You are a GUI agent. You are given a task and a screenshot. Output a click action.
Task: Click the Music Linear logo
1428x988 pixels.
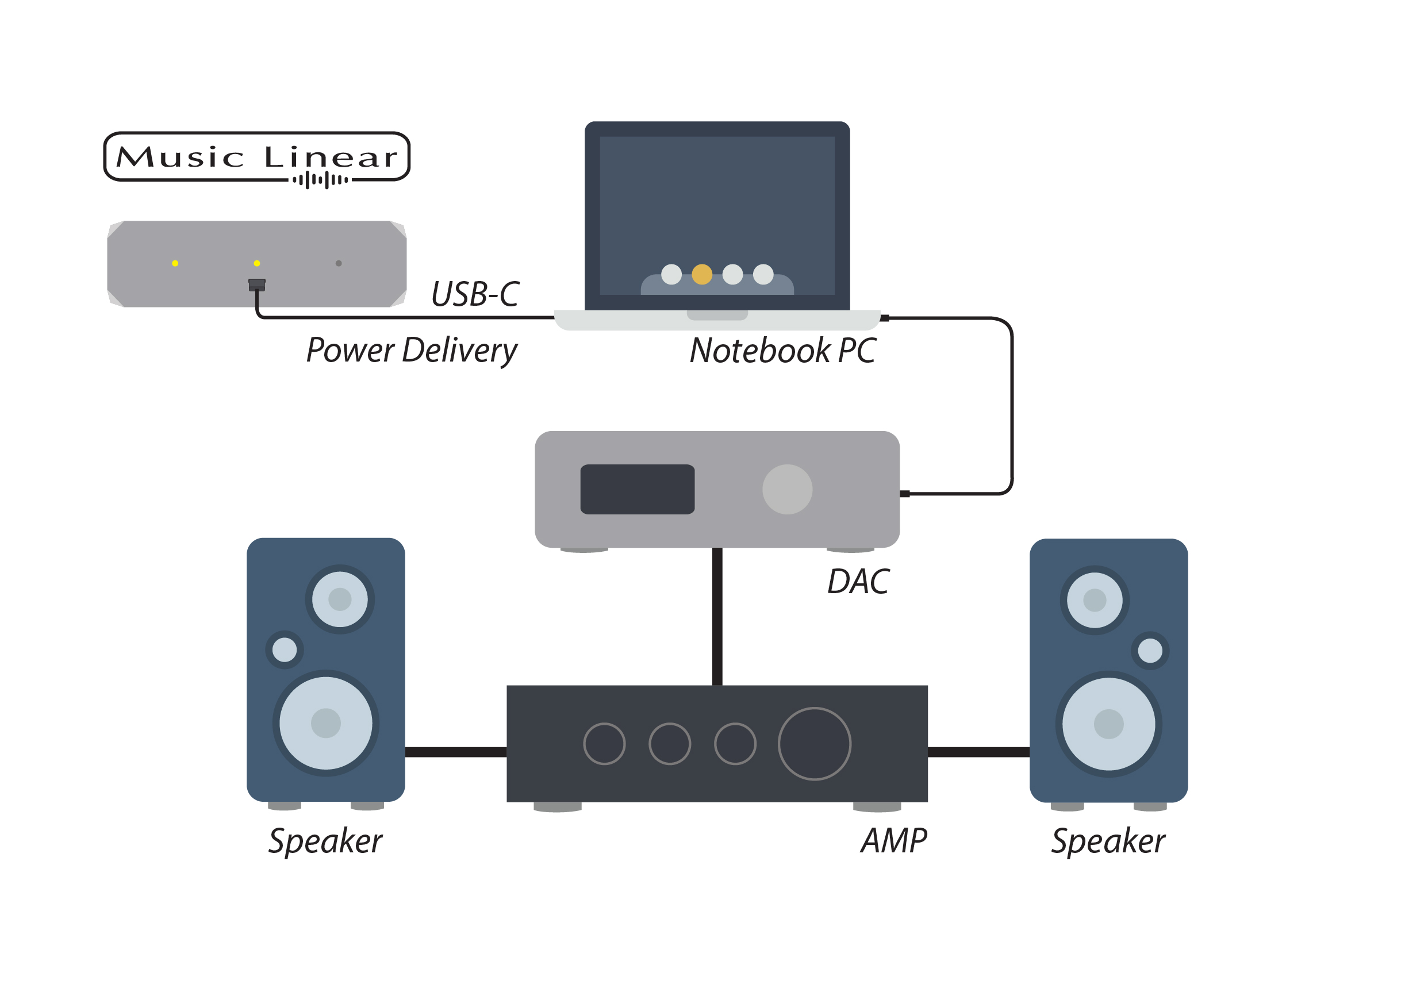(x=256, y=157)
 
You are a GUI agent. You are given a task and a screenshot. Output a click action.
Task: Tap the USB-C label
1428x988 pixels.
(x=474, y=294)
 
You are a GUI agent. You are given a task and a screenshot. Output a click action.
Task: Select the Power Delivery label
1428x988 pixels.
(x=411, y=351)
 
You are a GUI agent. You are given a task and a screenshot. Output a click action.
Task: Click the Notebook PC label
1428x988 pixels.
(x=782, y=351)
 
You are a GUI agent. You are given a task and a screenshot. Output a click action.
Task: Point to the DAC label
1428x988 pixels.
(x=858, y=582)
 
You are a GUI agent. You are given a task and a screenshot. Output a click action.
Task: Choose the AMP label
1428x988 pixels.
(x=893, y=841)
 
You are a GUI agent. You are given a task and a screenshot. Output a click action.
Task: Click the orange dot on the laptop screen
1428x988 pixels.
(x=701, y=274)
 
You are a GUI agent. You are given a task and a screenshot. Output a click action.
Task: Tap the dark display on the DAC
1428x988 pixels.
(x=636, y=489)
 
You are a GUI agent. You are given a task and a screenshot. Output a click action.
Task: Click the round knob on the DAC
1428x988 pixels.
(x=786, y=489)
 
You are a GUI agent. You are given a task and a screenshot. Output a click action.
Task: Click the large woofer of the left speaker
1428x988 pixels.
(x=326, y=723)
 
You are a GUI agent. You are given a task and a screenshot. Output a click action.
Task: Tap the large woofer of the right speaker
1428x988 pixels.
(x=1108, y=724)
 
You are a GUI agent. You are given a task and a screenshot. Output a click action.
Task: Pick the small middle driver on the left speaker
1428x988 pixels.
(x=284, y=649)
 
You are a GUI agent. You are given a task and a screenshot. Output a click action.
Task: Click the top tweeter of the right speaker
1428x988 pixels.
(x=1094, y=600)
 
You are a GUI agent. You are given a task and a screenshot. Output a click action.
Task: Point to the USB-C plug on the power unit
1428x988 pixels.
(x=256, y=285)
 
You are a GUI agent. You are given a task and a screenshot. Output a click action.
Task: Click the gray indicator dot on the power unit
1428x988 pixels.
(x=338, y=263)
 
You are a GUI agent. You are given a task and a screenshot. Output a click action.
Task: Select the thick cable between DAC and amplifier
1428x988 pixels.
(x=717, y=616)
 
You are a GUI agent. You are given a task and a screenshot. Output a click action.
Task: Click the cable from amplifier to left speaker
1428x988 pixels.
(x=455, y=752)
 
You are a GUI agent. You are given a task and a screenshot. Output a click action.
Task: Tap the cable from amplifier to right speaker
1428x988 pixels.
(x=978, y=752)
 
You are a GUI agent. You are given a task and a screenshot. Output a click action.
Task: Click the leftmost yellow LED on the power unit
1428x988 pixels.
(x=175, y=263)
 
